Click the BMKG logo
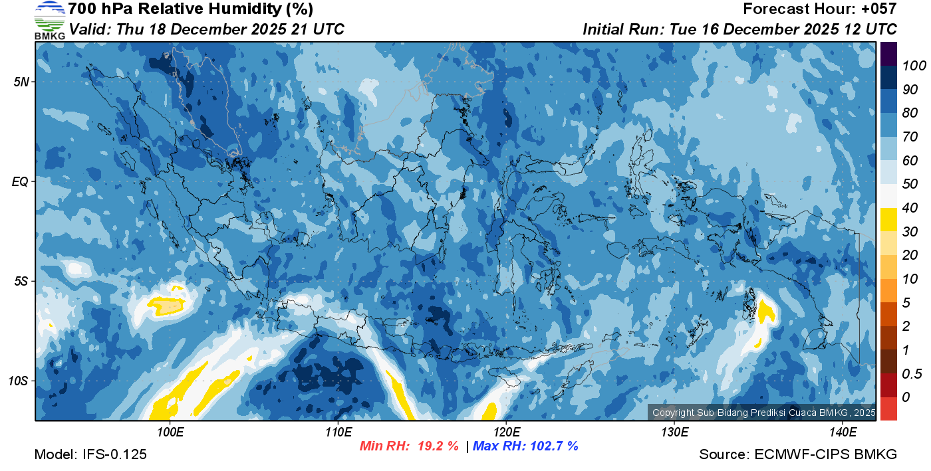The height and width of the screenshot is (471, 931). click(x=50, y=20)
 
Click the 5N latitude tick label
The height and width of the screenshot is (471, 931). click(x=21, y=82)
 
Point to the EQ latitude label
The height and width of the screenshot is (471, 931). click(x=20, y=181)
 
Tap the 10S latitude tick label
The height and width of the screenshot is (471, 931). click(x=18, y=381)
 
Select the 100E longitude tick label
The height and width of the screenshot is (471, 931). click(x=170, y=432)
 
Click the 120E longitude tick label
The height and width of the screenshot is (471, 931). click(x=506, y=432)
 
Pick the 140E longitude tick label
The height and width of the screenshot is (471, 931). click(x=843, y=432)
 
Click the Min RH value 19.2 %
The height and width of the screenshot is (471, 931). click(x=437, y=446)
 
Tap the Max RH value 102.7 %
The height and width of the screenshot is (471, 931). click(x=553, y=446)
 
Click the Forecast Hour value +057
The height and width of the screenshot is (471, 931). click(x=878, y=9)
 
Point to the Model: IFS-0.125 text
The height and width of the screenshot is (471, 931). click(x=90, y=455)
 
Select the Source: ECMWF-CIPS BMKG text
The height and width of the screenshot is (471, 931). click(x=798, y=455)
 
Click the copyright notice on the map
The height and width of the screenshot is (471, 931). click(x=763, y=413)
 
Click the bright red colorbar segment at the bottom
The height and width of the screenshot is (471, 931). click(x=888, y=408)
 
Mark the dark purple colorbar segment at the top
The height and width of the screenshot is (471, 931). click(x=888, y=54)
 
